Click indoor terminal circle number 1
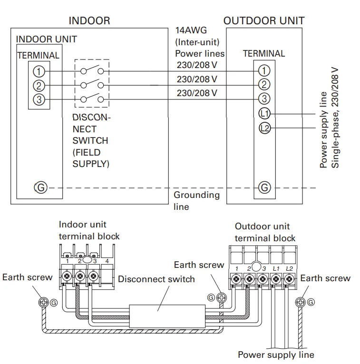(x=39, y=71)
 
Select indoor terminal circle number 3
(x=39, y=99)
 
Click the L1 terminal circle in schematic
(x=264, y=113)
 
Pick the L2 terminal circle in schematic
(x=264, y=128)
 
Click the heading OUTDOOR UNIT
(x=264, y=21)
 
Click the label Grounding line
(x=196, y=200)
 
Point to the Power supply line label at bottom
(x=276, y=355)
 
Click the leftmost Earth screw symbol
(x=44, y=302)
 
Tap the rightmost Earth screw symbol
(x=301, y=302)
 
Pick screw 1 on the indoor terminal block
(x=68, y=275)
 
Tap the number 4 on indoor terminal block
(x=108, y=261)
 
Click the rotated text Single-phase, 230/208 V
(x=335, y=117)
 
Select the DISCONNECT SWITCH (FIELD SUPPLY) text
(x=91, y=140)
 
